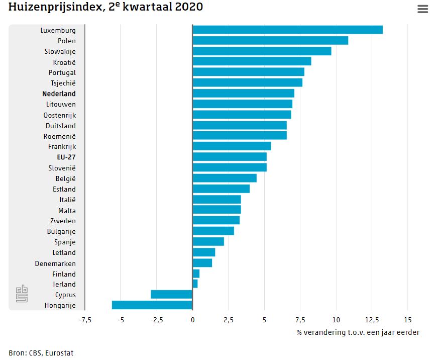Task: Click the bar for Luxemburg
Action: click(287, 30)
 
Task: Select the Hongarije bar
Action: click(152, 305)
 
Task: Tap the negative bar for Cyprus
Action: click(171, 295)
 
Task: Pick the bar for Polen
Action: click(270, 40)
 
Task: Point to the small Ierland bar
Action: click(195, 284)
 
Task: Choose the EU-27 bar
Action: click(230, 157)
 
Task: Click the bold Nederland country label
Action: click(59, 94)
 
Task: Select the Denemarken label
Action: click(55, 263)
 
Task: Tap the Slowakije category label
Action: click(60, 51)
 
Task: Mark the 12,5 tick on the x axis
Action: click(372, 319)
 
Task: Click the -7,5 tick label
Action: click(84, 319)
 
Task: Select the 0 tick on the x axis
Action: click(192, 319)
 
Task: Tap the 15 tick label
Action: click(407, 319)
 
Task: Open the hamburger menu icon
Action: click(422, 9)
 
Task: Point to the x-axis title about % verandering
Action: click(358, 332)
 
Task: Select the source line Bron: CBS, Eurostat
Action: click(41, 353)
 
